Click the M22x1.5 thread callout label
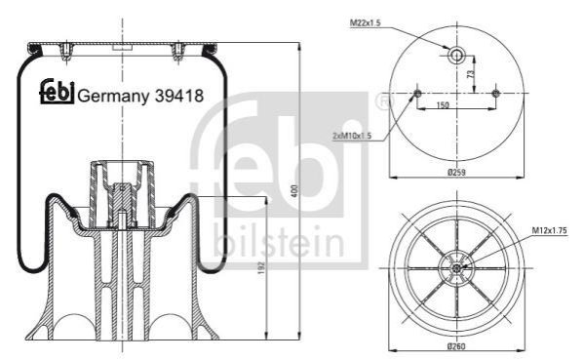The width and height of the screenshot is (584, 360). click(365, 23)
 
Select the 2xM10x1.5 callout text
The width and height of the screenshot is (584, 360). click(352, 136)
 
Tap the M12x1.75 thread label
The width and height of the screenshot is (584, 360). click(549, 230)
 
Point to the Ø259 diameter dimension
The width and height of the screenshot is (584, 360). click(456, 172)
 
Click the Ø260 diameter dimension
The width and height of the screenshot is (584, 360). click(456, 346)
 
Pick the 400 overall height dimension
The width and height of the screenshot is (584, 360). click(294, 191)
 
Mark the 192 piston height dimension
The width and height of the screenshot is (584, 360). click(261, 267)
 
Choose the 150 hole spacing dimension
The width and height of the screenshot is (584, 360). click(442, 105)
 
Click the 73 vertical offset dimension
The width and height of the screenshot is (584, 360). click(471, 74)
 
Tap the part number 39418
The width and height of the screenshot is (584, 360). click(179, 96)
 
